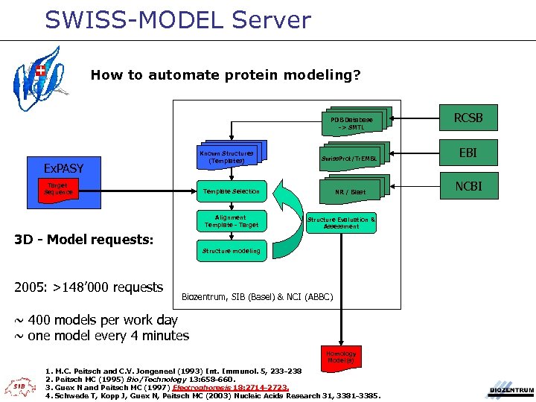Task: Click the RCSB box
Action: (468, 118)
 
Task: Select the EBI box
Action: (468, 153)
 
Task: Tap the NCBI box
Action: (468, 186)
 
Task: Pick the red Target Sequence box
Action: (57, 189)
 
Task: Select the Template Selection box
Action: (231, 192)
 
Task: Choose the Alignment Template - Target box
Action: (231, 221)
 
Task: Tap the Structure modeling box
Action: (231, 251)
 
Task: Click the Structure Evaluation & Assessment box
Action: (342, 223)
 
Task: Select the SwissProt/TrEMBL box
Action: (349, 159)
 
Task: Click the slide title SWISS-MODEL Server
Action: (177, 19)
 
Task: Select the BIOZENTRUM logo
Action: (511, 387)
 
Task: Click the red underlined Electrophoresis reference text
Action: (229, 387)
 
